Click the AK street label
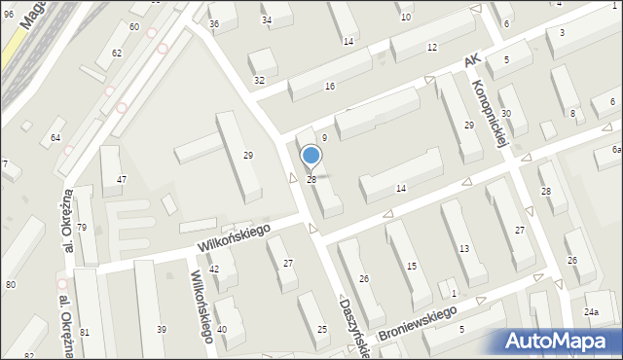473,60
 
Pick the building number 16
330,87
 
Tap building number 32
259,80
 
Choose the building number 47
122,179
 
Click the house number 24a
590,312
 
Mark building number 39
162,330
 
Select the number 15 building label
412,266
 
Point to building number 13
465,249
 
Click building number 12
431,48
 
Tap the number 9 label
324,138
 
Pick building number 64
55,137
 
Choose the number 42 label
214,269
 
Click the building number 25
322,330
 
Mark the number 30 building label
506,114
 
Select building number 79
83,228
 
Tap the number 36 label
214,22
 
